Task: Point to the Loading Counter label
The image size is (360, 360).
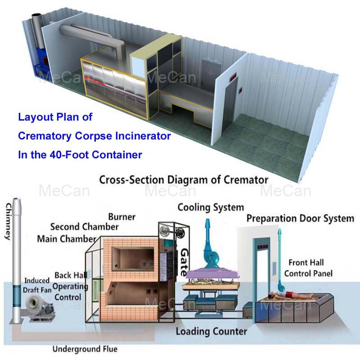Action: pyautogui.click(x=211, y=332)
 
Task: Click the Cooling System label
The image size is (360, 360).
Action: pyautogui.click(x=211, y=207)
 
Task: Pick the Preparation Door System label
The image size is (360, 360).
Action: pyautogui.click(x=300, y=219)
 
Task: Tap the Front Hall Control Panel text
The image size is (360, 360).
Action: pyautogui.click(x=306, y=267)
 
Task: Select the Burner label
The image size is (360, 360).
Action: pyautogui.click(x=121, y=216)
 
